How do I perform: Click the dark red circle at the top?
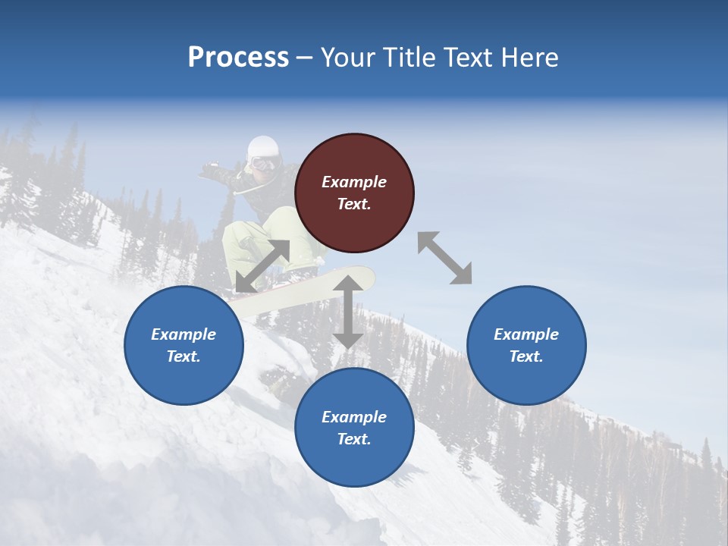pos(354,193)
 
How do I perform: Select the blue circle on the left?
pos(184,345)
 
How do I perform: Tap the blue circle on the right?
pos(526,345)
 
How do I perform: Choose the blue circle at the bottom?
pos(354,428)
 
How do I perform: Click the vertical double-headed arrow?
pos(348,312)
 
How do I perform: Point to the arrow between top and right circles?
pos(444,258)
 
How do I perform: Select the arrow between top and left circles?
pos(262,266)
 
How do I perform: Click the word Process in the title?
pos(238,58)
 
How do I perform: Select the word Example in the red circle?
pos(354,182)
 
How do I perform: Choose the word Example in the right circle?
pos(526,334)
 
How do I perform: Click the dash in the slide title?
pos(305,58)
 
